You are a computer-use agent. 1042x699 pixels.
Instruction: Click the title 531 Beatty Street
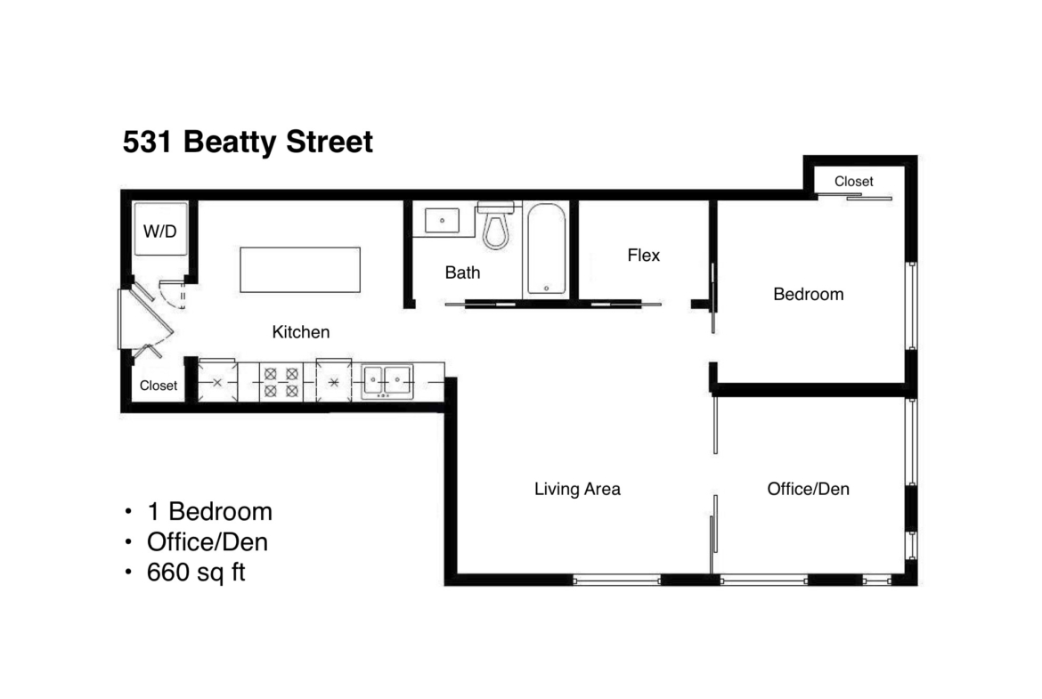tap(248, 142)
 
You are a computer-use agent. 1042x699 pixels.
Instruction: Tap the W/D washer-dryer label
tap(160, 232)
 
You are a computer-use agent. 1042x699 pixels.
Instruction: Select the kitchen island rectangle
tap(300, 270)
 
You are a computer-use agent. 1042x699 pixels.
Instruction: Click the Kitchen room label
tap(301, 331)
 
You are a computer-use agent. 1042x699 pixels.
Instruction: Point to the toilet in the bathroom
tap(496, 225)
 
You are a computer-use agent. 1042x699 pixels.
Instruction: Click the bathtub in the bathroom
tap(546, 248)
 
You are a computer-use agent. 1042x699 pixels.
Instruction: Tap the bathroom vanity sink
tap(442, 220)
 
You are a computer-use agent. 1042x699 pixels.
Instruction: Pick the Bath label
tap(462, 272)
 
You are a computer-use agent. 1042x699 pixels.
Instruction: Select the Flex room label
tap(643, 256)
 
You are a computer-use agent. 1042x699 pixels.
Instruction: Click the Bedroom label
tap(808, 295)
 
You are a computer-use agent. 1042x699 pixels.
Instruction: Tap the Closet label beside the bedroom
tap(854, 182)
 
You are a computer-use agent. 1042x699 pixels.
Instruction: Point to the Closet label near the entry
tap(159, 386)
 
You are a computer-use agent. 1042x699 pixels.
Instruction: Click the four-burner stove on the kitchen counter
tap(281, 383)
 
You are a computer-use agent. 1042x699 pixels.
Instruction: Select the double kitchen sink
tap(387, 381)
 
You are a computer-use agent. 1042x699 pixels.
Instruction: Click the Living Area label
tap(577, 489)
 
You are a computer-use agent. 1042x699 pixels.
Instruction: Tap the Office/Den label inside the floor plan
tap(808, 489)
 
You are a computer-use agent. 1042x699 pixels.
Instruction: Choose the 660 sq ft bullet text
tap(196, 572)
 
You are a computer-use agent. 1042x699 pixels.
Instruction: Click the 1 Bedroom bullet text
tap(209, 512)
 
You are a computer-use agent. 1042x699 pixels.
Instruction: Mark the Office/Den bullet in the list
tap(208, 542)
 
